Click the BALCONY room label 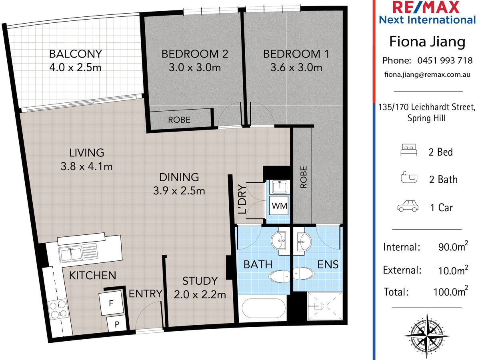point(76,54)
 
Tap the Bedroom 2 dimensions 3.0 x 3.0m point(195,67)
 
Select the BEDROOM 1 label point(296,54)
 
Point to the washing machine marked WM point(279,206)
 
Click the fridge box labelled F point(111,303)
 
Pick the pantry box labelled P point(116,324)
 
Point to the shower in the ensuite point(325,306)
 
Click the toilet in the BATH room point(279,276)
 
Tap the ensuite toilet point(303,273)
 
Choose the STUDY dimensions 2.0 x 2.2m point(200,295)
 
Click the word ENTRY point(146,294)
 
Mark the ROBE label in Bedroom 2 point(179,120)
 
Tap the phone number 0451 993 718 point(445,60)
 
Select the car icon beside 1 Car point(408,206)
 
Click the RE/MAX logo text point(426,7)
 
